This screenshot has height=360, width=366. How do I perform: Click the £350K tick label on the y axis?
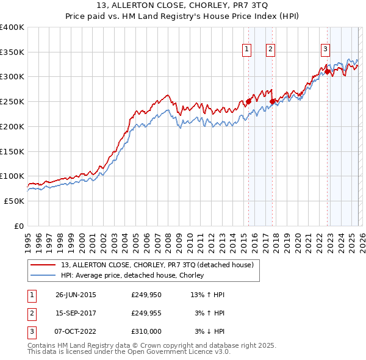click(12, 52)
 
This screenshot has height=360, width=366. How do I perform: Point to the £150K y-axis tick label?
click(12, 151)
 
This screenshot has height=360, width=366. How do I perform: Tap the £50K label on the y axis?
click(15, 201)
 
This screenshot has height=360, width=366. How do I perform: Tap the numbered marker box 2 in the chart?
click(270, 50)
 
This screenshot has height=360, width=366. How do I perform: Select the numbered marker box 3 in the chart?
click(326, 50)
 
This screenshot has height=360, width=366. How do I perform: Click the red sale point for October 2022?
click(327, 72)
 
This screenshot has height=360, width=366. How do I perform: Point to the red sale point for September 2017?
click(272, 101)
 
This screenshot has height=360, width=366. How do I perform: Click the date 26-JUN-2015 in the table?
click(76, 295)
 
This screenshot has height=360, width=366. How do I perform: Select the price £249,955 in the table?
click(146, 313)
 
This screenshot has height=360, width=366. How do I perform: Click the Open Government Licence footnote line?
click(129, 352)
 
